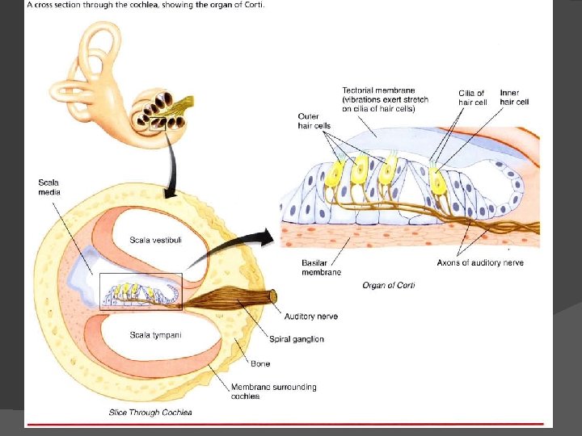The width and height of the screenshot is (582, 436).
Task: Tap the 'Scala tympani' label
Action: [x=155, y=334]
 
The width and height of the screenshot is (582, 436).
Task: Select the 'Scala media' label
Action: [x=48, y=187]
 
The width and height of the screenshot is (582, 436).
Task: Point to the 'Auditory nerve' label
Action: [x=311, y=317]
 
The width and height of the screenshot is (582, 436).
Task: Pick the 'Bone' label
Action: [x=260, y=364]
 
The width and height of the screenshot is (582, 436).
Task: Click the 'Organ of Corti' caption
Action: [x=389, y=285]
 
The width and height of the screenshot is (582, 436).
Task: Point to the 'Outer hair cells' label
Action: [x=314, y=120]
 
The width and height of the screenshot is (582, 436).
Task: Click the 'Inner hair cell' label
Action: [x=514, y=98]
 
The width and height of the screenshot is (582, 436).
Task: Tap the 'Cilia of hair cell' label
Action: [x=472, y=98]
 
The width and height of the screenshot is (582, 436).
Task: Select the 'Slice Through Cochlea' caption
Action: [x=150, y=413]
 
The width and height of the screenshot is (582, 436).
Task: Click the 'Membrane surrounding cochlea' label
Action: [x=273, y=392]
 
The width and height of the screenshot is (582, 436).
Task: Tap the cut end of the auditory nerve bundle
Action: [x=272, y=296]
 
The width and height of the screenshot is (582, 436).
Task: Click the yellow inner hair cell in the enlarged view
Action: [x=437, y=182]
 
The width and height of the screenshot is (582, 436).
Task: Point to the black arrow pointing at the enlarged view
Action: [x=251, y=244]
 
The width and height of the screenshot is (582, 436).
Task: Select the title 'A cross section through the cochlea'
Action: [x=108, y=5]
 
